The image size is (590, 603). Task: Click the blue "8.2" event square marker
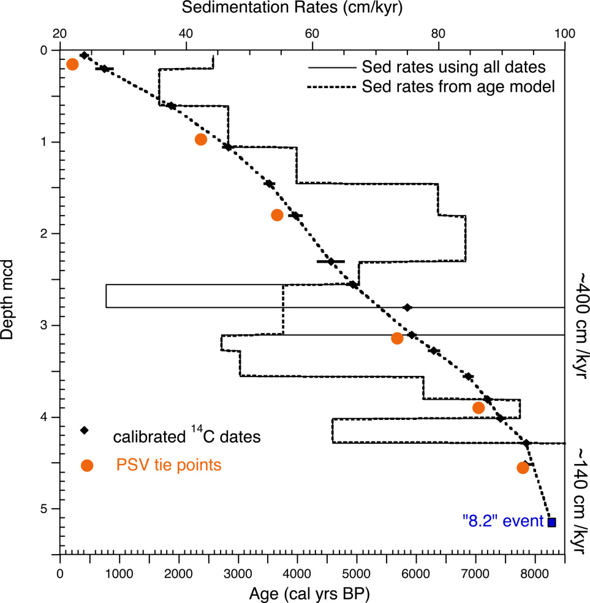(551, 522)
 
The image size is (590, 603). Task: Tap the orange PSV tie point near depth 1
(200, 140)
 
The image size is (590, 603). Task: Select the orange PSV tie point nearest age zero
(72, 64)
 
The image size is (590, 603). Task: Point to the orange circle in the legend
(87, 466)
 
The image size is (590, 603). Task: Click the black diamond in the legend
(85, 430)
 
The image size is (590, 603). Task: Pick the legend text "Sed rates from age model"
(458, 86)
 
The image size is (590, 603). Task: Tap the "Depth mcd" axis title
(13, 299)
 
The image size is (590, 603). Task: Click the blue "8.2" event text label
(502, 522)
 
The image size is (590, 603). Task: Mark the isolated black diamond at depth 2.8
(407, 307)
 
